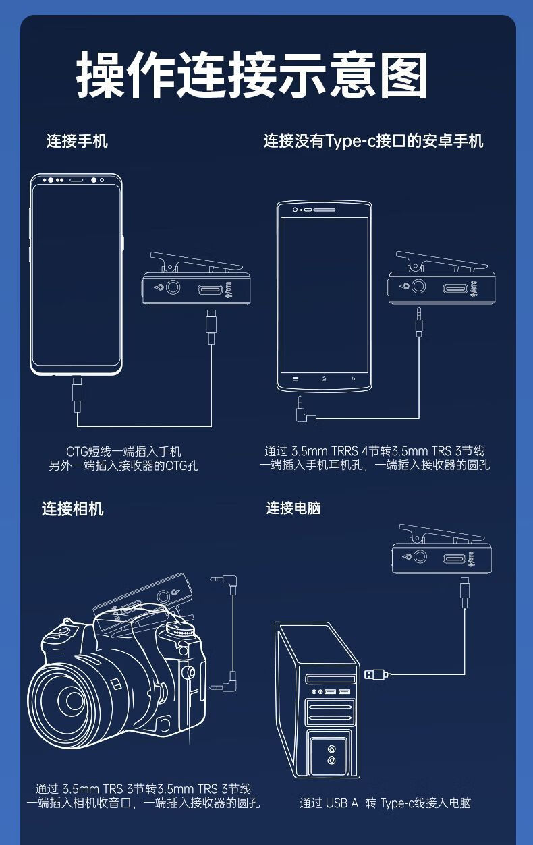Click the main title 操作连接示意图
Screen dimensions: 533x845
pos(252,74)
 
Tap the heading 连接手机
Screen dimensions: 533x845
pos(77,141)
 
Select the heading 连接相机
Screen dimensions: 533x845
pos(72,508)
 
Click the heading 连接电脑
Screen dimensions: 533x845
pos(293,508)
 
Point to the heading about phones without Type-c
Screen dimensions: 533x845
pos(373,141)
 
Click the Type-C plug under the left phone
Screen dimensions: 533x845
pos(78,395)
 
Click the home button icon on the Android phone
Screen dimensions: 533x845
pos(324,379)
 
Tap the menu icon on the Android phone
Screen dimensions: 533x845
pos(296,379)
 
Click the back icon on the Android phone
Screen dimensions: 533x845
pos(353,379)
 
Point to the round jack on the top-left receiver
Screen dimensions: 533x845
pos(173,287)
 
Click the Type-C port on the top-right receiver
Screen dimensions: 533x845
pos(455,289)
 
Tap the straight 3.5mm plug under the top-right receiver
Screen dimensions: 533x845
pos(418,322)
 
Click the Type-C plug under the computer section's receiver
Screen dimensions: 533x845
pos(465,592)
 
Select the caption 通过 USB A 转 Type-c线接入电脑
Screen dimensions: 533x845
pos(385,803)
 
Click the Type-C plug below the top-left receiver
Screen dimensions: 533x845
pos(211,326)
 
